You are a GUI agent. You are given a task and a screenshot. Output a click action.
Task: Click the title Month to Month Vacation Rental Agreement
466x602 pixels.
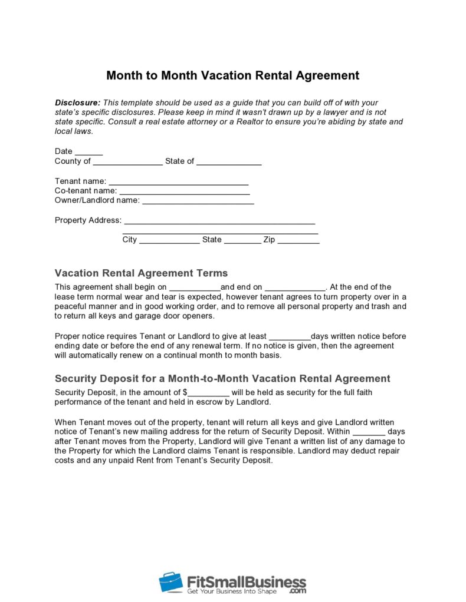[x=232, y=75]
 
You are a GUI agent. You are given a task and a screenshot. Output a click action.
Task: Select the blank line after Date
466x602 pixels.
[x=89, y=152]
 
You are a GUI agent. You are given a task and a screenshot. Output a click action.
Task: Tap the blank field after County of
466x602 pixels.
[x=127, y=162]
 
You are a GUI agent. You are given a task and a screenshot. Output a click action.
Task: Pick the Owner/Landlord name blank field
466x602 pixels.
[x=198, y=201]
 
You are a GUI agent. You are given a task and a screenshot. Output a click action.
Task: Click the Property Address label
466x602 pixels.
[x=88, y=220]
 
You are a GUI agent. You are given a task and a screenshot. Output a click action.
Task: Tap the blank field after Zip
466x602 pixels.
[x=298, y=240]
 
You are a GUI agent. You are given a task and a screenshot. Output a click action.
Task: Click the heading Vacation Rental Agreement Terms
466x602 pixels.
[x=141, y=273]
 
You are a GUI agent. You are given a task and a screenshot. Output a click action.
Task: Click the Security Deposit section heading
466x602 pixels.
[x=222, y=379]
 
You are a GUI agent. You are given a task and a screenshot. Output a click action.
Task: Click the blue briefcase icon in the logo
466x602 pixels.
[x=170, y=582]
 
